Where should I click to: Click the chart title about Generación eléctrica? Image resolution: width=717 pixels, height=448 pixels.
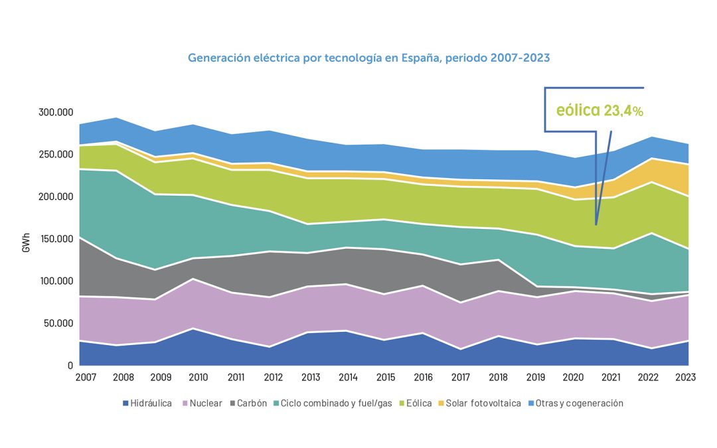[x=369, y=58]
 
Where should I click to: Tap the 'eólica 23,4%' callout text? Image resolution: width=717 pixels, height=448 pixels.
[x=599, y=110]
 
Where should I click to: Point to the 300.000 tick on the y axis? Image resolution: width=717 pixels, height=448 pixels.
[x=54, y=113]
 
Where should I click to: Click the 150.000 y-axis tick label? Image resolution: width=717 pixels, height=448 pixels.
[x=54, y=239]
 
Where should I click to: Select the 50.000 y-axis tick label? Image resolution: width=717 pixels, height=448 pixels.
[x=57, y=323]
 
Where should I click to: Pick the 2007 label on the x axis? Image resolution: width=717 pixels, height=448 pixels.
[x=86, y=377]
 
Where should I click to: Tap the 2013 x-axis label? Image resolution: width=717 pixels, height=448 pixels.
[x=311, y=377]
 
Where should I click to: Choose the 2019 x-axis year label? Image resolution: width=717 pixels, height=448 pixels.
[x=536, y=377]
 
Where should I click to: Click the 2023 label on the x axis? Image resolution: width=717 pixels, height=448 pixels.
[x=685, y=377]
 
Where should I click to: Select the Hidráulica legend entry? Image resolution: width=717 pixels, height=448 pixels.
[x=147, y=403]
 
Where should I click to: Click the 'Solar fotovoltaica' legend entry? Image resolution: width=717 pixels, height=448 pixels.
[x=478, y=403]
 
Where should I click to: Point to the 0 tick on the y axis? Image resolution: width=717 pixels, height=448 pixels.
[x=69, y=366]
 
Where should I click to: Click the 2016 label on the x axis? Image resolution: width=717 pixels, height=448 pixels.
[x=423, y=377]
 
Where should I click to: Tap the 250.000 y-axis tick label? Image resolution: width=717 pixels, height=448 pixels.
[x=54, y=155]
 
